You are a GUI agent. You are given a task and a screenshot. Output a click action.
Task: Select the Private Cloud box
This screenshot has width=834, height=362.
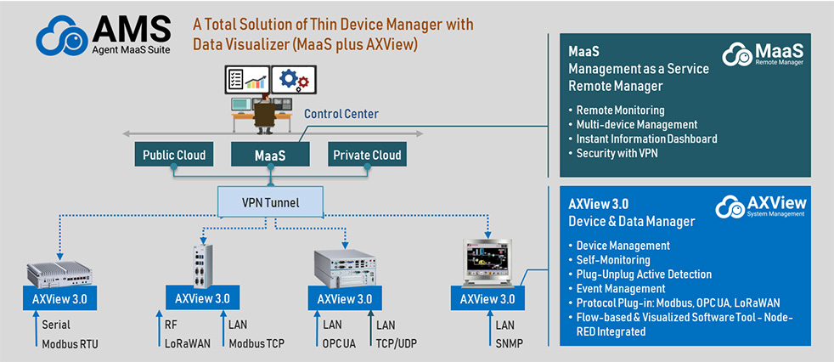366,156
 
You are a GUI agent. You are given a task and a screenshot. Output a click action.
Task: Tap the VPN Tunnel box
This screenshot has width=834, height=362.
270,202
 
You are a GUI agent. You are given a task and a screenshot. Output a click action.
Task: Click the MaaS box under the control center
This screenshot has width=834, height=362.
270,156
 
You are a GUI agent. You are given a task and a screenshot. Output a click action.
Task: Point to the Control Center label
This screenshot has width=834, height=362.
341,114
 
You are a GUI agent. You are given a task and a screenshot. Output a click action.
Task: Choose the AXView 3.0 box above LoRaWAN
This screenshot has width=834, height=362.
201,300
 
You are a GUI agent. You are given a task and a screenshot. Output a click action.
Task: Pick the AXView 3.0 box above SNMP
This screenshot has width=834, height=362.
487,300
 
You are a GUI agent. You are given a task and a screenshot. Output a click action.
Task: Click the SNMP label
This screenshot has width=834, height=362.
510,343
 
